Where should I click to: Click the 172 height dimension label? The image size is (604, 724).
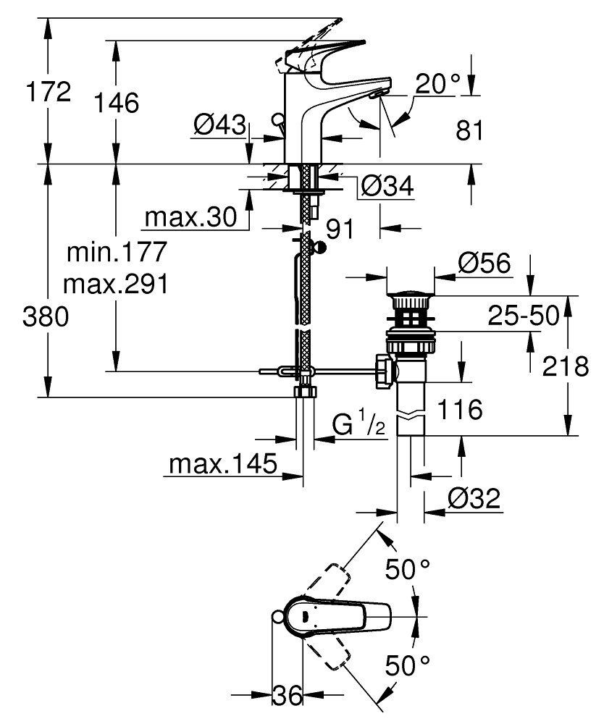[48, 92]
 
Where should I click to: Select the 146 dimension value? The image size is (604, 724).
[115, 103]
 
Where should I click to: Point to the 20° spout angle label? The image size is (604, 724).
[437, 85]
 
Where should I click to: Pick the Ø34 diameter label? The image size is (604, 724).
[387, 186]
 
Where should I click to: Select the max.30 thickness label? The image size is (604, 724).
[190, 216]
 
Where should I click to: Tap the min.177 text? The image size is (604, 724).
[116, 253]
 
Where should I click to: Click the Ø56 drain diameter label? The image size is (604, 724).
[485, 264]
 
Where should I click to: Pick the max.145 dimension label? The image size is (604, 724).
[222, 463]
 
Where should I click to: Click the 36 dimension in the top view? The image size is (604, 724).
[287, 696]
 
